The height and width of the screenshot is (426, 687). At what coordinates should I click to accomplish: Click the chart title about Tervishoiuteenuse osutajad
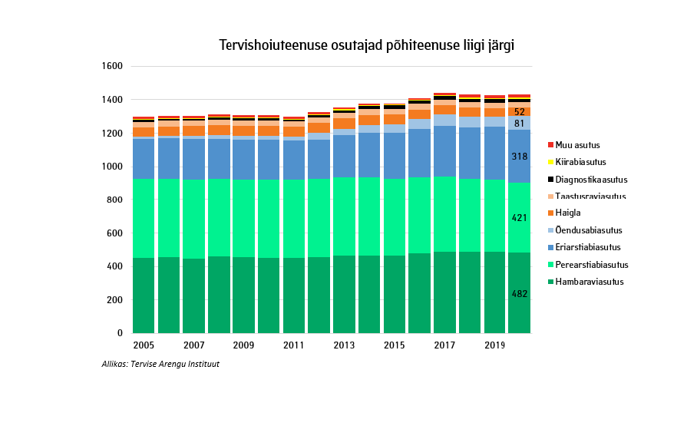(366, 45)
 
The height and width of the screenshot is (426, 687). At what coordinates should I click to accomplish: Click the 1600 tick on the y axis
(112, 67)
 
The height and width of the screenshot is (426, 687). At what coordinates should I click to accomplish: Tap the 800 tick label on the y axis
(115, 200)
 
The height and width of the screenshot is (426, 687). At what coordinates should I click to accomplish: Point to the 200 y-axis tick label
(115, 300)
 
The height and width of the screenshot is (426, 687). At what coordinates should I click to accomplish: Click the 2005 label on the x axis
(144, 346)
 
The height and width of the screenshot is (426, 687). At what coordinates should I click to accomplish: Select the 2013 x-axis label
(344, 346)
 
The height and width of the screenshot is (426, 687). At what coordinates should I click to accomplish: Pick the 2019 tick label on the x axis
(494, 346)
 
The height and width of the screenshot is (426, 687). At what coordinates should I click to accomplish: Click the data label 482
(520, 294)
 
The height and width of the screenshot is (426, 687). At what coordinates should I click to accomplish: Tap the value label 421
(520, 218)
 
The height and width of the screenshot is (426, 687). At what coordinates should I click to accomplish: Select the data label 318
(520, 157)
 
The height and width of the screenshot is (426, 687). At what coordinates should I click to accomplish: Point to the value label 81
(520, 124)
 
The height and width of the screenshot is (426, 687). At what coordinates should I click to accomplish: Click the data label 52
(520, 112)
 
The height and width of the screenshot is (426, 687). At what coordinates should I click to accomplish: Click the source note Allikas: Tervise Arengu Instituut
(160, 364)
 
